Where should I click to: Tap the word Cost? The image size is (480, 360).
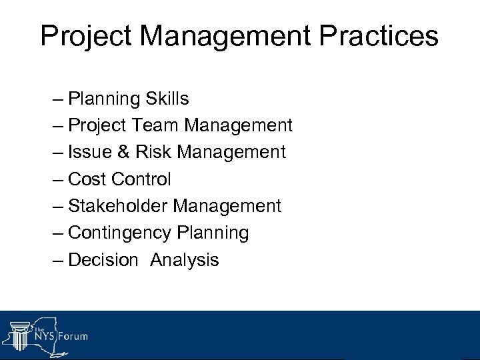click(x=87, y=179)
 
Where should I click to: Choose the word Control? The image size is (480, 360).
click(x=141, y=179)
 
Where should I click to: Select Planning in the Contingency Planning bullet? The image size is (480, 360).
click(x=213, y=233)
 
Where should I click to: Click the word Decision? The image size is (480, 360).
click(x=103, y=259)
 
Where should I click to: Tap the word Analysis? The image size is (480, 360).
click(x=185, y=260)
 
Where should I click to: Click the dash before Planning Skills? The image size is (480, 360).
click(x=58, y=99)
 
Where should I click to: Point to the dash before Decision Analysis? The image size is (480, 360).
click(x=58, y=260)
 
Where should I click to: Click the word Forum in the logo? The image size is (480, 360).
click(x=71, y=337)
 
